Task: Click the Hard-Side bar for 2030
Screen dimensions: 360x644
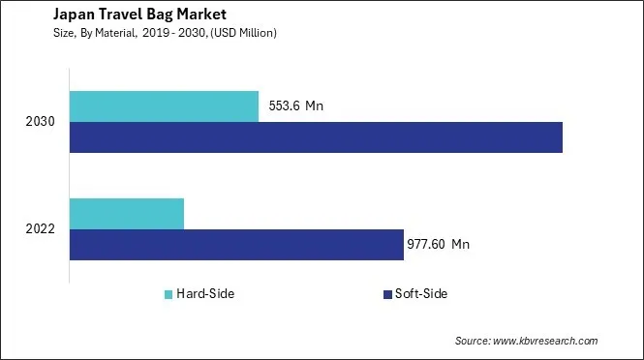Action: tap(164, 106)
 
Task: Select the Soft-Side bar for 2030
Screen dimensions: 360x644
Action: tap(316, 137)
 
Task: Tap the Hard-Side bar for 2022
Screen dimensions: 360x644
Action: tap(127, 213)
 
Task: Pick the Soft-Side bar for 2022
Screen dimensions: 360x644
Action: tap(236, 244)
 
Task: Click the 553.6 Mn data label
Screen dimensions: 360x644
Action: tap(294, 106)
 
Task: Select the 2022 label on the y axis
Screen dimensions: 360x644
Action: tap(42, 228)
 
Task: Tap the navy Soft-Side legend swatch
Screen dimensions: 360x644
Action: tap(386, 294)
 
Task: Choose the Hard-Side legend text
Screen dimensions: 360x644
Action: tap(205, 294)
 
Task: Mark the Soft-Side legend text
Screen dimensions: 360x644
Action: tap(421, 294)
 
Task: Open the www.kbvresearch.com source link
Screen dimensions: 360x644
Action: tap(546, 341)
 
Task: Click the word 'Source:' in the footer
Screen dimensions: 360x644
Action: tap(474, 341)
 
